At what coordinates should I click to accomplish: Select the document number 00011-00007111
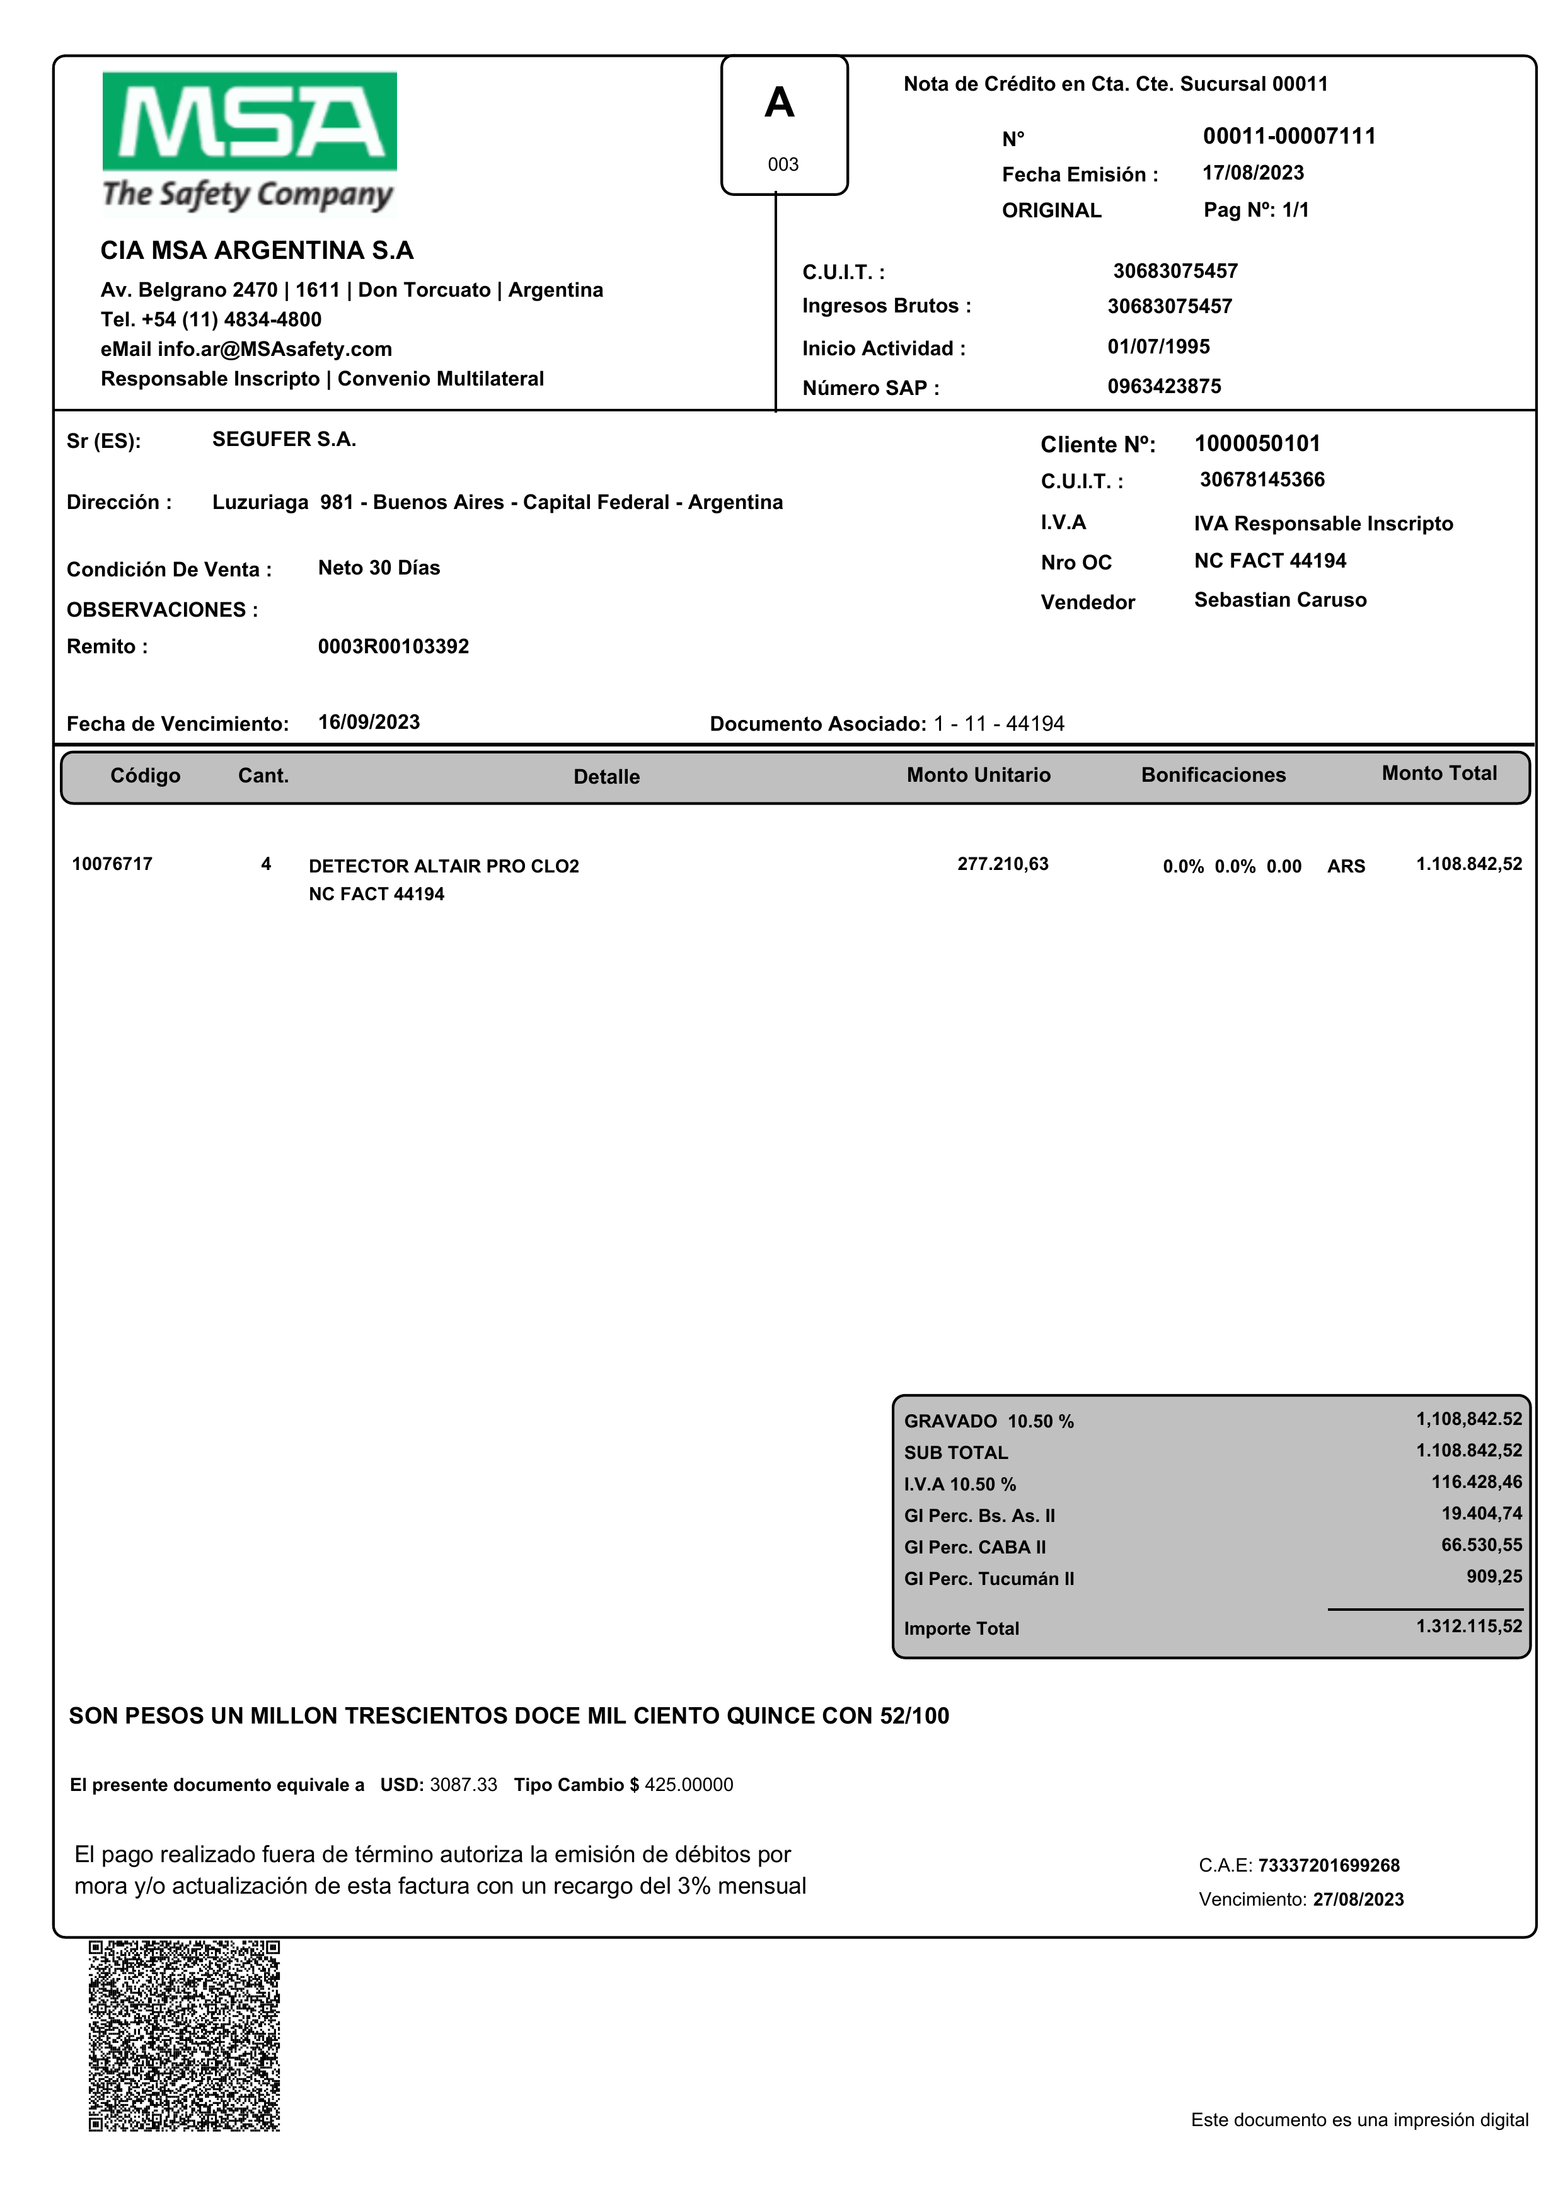click(1289, 137)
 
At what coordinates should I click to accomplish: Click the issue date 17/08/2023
click(1253, 173)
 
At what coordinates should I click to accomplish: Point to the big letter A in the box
click(780, 103)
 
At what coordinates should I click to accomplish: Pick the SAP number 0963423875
click(1163, 387)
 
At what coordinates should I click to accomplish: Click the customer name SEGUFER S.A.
click(284, 440)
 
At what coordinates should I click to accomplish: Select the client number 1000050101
click(1257, 443)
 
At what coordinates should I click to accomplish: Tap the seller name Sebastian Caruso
click(1280, 600)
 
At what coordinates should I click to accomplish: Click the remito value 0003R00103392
click(394, 646)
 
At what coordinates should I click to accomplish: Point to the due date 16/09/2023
click(369, 723)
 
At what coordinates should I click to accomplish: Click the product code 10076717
click(112, 864)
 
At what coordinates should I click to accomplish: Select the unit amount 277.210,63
click(1003, 864)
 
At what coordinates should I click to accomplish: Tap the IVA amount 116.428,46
click(1477, 1482)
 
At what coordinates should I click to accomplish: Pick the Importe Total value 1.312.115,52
click(1468, 1627)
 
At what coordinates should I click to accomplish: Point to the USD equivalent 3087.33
click(463, 1786)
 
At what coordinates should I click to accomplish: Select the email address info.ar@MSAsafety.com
click(274, 349)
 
